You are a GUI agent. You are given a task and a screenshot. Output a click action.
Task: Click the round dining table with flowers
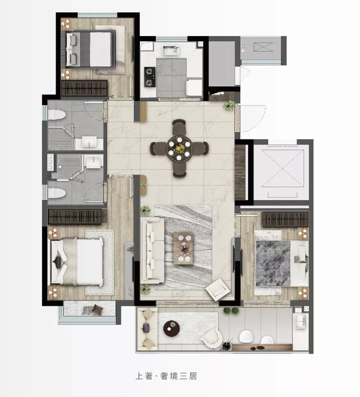(x=179, y=148)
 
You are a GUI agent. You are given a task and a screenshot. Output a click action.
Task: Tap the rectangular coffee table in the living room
(x=183, y=248)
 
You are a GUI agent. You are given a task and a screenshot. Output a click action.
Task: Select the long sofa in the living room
(x=152, y=251)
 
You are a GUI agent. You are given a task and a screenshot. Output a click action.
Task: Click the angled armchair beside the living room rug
(x=218, y=290)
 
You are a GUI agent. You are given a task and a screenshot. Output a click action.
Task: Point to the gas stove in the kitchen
(x=150, y=77)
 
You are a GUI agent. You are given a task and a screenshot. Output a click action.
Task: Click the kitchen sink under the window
(x=171, y=50)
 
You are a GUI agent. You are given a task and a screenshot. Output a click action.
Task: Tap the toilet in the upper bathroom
(x=57, y=115)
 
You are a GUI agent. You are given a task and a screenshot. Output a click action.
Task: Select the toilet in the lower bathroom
(x=57, y=193)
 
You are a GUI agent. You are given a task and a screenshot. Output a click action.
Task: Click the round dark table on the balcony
(x=171, y=329)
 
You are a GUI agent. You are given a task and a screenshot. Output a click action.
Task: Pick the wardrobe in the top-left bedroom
(x=84, y=88)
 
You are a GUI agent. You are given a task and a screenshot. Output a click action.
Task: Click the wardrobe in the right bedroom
(x=285, y=219)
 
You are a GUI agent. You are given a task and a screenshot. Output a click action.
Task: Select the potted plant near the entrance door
(x=229, y=106)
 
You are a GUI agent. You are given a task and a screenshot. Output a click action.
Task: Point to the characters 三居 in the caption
(x=188, y=376)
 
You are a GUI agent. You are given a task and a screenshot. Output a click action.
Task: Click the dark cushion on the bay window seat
(x=98, y=309)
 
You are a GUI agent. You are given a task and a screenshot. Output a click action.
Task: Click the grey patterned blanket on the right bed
(x=273, y=263)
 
